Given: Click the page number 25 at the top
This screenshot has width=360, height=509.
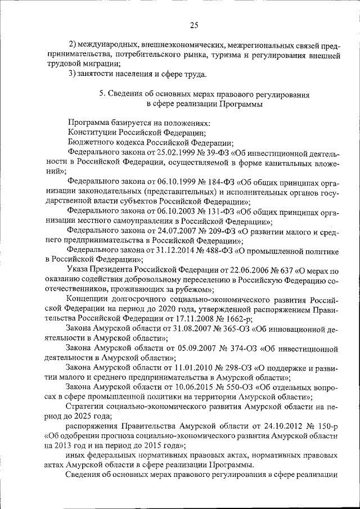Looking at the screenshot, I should [195, 24].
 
